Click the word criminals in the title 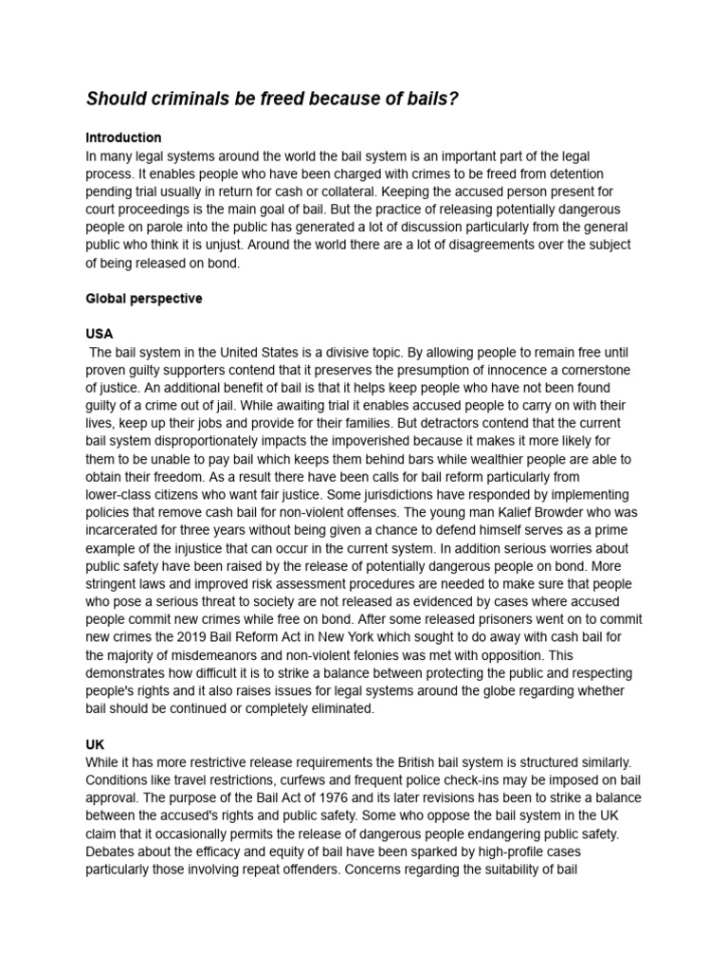point(183,99)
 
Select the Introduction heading point(123,137)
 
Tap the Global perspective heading point(143,298)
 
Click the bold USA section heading point(99,334)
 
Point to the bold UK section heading point(95,744)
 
